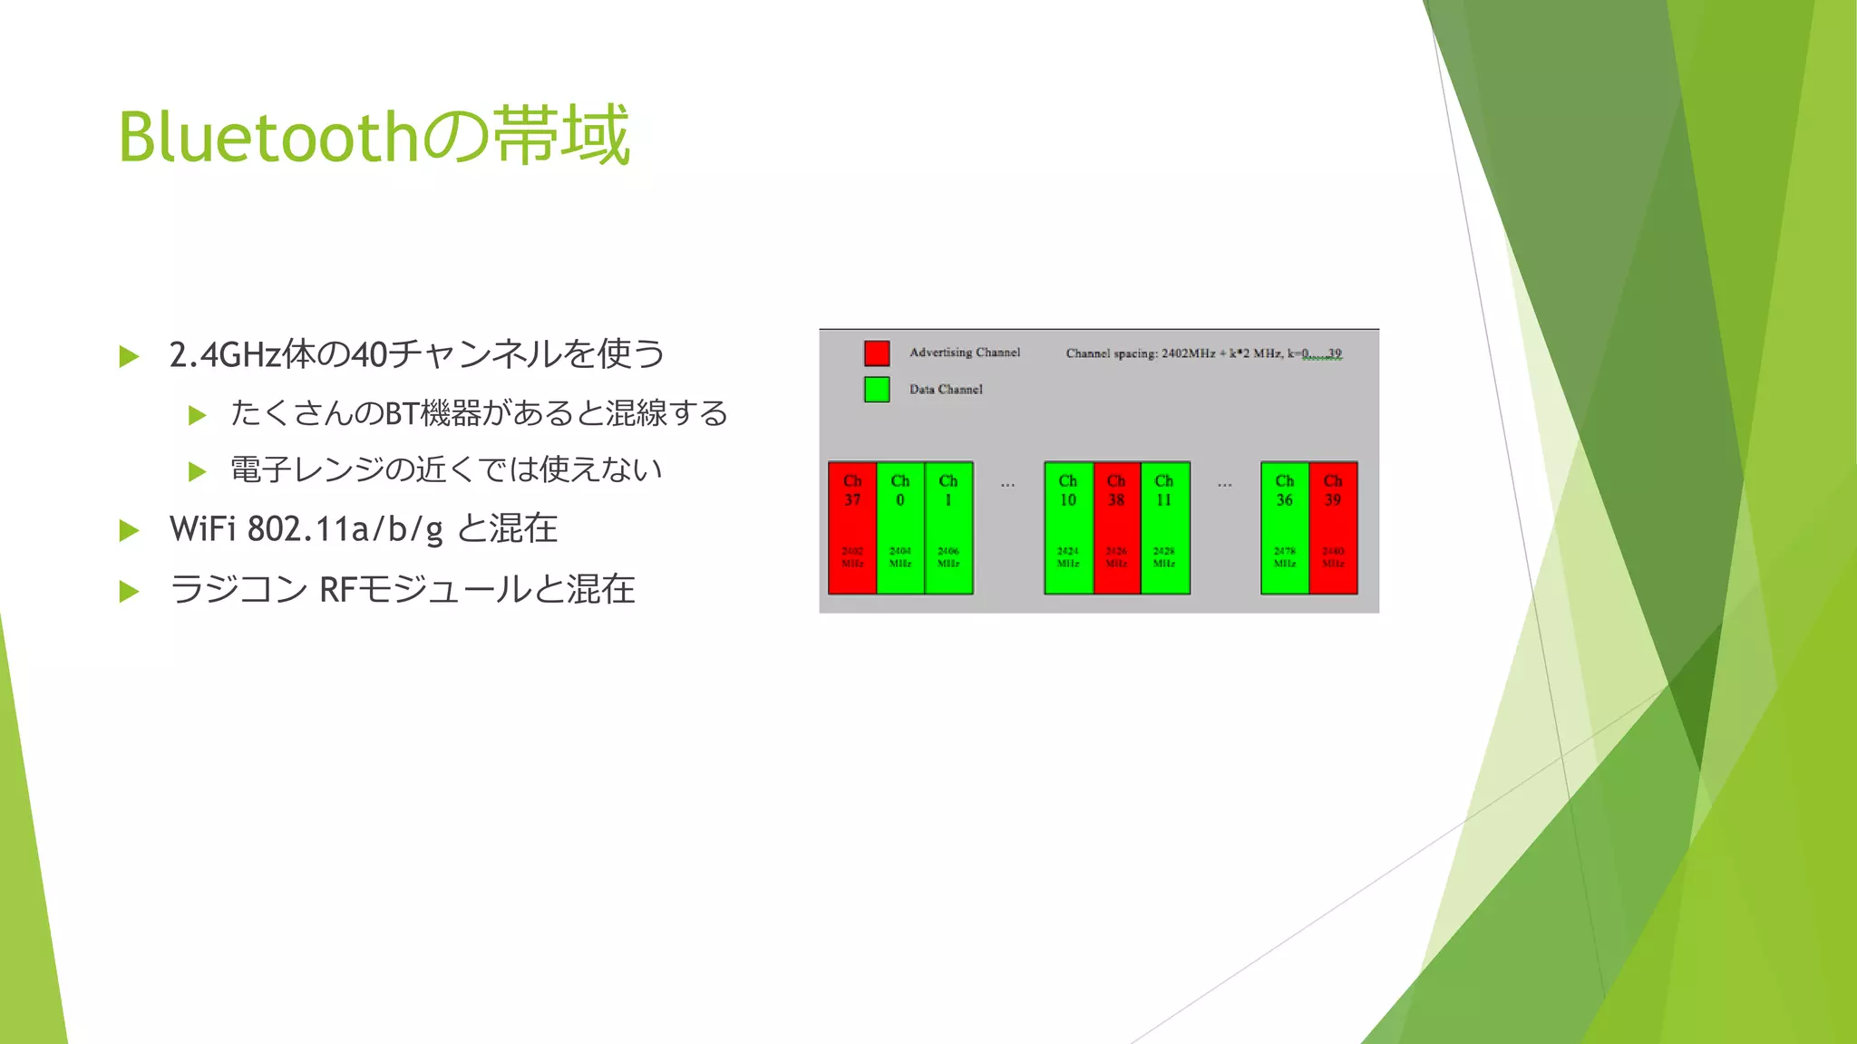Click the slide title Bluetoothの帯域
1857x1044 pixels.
374,136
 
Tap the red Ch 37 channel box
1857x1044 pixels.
852,528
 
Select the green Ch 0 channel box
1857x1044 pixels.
900,528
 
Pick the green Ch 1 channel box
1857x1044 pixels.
948,528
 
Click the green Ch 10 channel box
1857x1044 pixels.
1068,528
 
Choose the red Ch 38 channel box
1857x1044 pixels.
1116,528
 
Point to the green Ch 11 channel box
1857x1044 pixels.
1164,528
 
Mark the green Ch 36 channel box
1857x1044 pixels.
1284,528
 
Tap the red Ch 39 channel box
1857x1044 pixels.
1333,528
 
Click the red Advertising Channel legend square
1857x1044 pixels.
877,353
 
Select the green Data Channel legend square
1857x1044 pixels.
877,390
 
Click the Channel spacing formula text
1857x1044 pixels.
1203,353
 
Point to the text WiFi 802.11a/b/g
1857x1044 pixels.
306,529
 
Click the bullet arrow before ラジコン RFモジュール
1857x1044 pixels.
130,592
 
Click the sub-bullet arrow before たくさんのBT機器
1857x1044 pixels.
197,415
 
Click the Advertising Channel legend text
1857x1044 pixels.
965,353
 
